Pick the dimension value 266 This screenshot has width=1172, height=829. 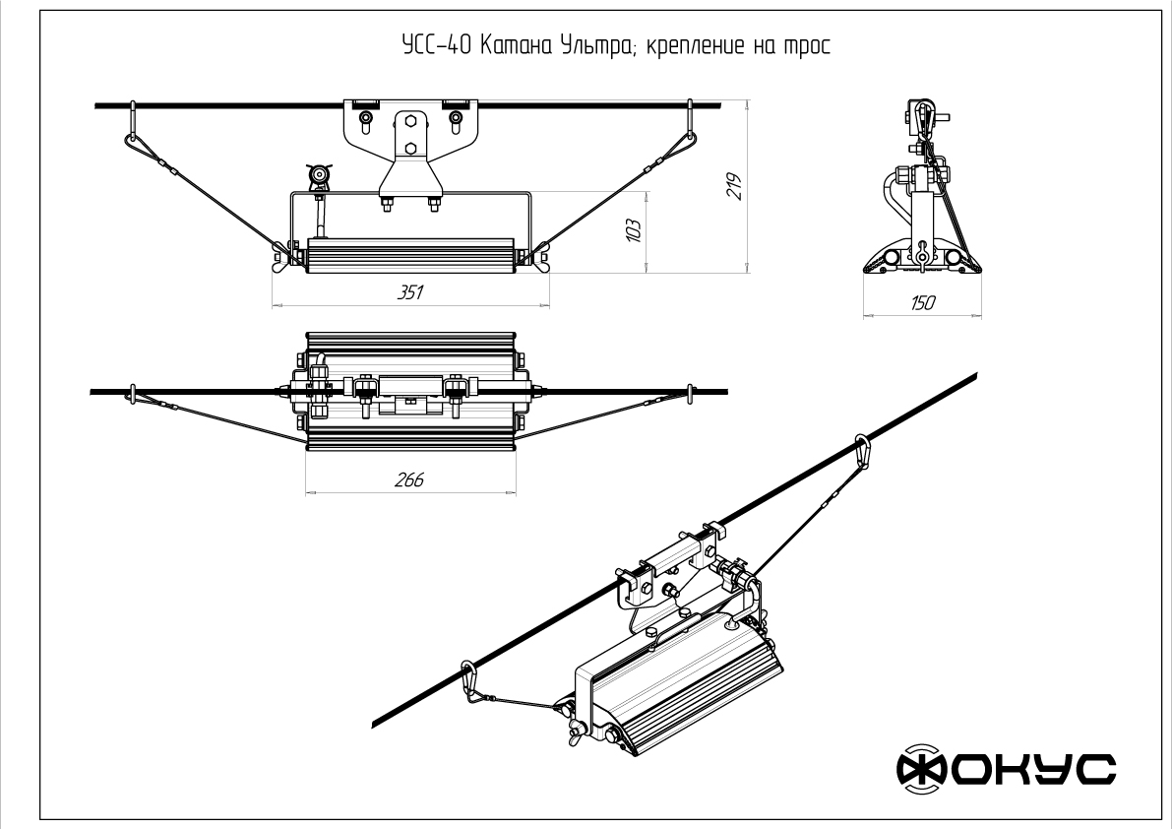(409, 479)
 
